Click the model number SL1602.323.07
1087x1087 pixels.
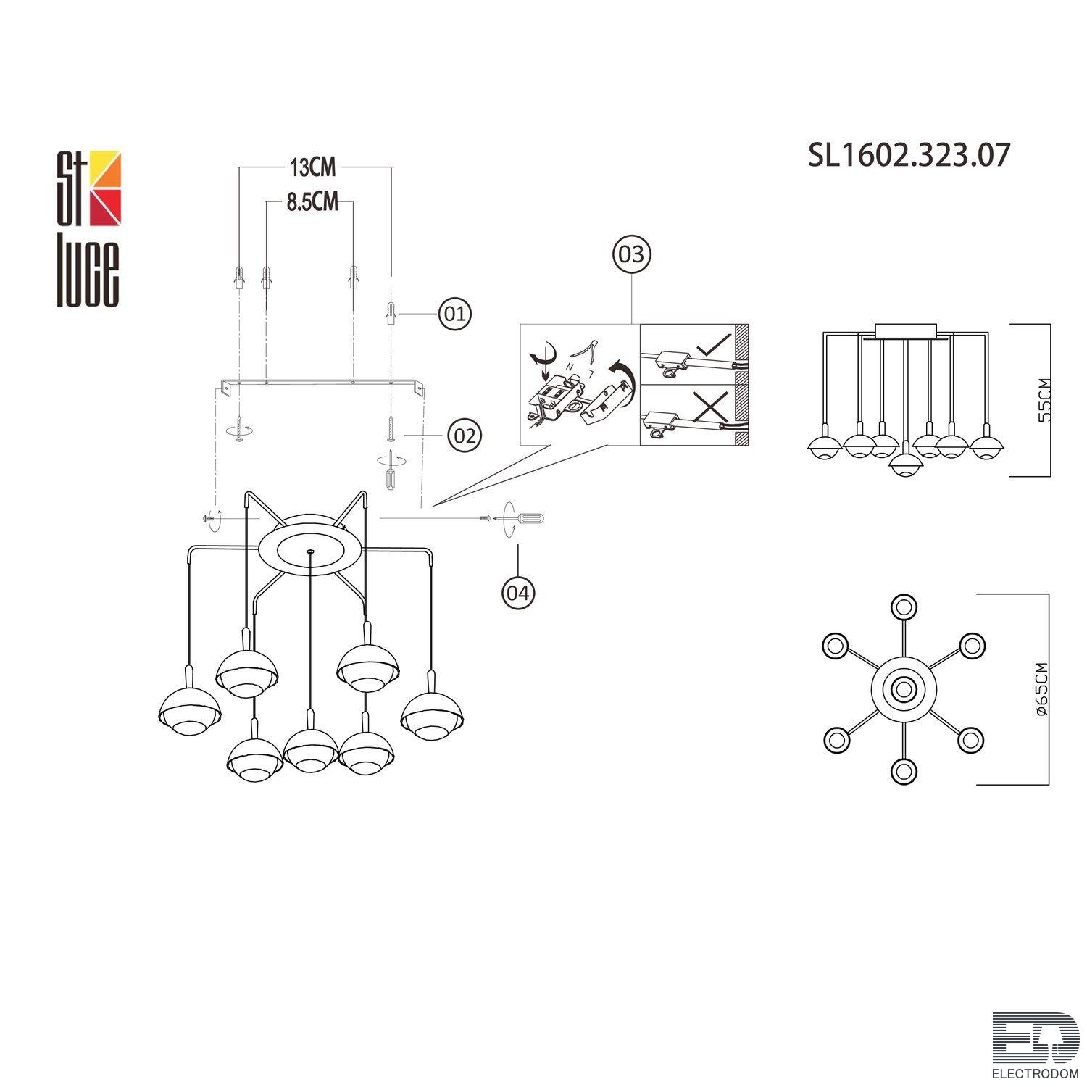point(909,155)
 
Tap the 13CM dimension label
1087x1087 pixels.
point(313,167)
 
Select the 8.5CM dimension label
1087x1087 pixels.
point(312,201)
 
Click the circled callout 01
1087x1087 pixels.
point(455,315)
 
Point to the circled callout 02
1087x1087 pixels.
point(465,436)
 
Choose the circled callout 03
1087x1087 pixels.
point(632,254)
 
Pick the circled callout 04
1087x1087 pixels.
point(518,592)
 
